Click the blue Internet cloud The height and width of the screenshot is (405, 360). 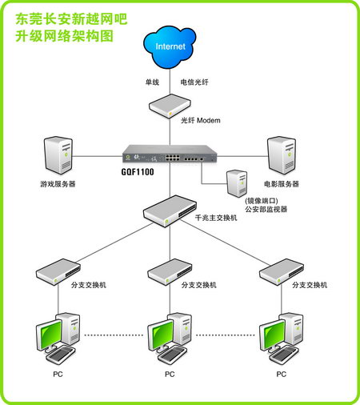click(170, 46)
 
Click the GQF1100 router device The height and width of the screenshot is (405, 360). click(169, 153)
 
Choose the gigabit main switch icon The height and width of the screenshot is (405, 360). click(169, 210)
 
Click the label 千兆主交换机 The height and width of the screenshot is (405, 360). click(216, 218)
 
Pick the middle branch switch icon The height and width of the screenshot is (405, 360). click(169, 271)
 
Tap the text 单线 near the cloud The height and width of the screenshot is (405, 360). click(152, 82)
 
